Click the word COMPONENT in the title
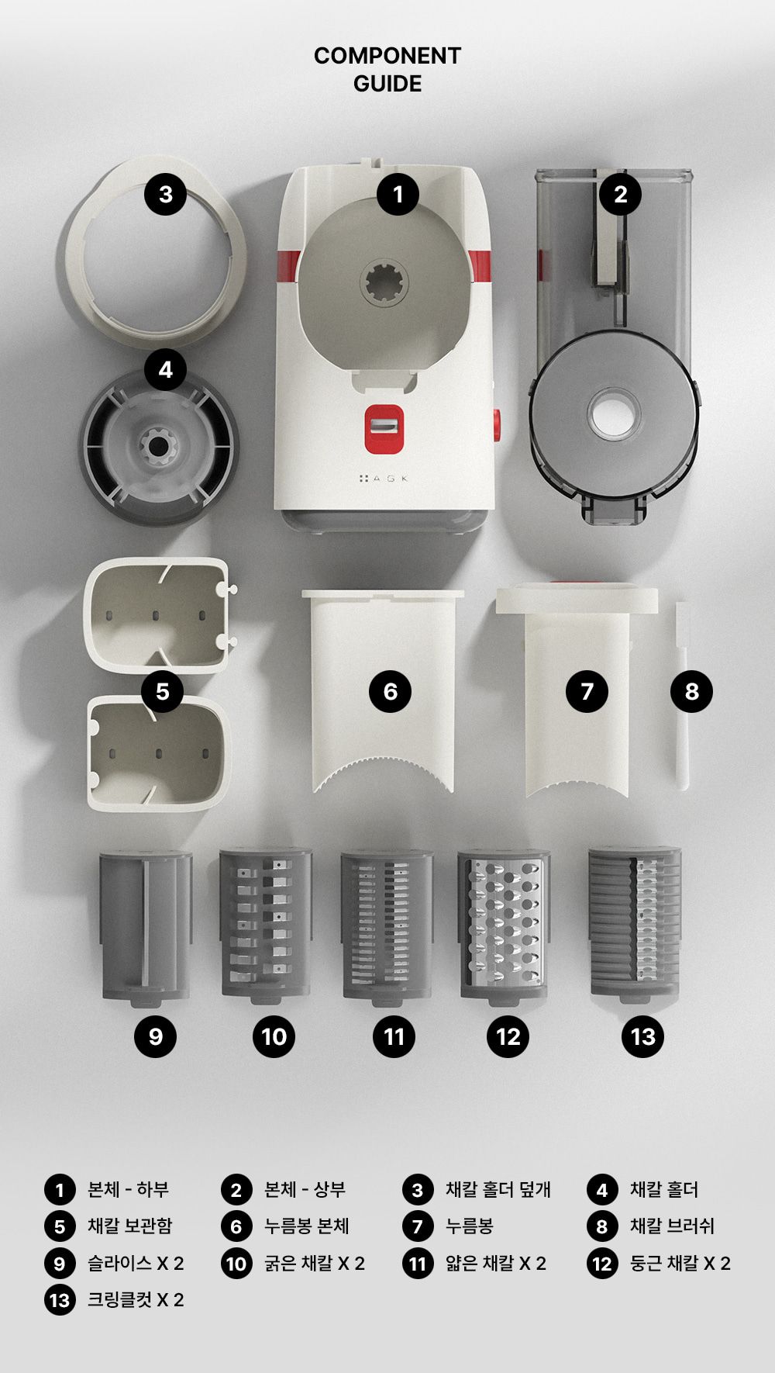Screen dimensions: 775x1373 point(387,56)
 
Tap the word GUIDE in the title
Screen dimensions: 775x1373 point(387,84)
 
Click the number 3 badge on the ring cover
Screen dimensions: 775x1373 point(166,194)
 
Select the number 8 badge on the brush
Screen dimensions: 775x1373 point(692,691)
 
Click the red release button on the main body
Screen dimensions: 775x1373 point(384,429)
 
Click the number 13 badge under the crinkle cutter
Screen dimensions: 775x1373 point(643,1036)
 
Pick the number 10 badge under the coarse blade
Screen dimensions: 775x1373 point(274,1036)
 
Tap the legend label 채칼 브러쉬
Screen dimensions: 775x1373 point(672,1226)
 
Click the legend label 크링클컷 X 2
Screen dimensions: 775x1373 point(136,1299)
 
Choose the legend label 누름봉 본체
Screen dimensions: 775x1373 point(307,1226)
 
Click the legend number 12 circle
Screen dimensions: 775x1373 point(602,1264)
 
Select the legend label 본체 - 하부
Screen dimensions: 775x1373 point(128,1189)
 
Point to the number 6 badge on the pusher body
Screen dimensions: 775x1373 point(391,691)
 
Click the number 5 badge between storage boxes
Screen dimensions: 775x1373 point(163,691)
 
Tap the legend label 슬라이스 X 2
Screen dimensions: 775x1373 point(136,1263)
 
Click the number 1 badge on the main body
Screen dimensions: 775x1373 point(398,194)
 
